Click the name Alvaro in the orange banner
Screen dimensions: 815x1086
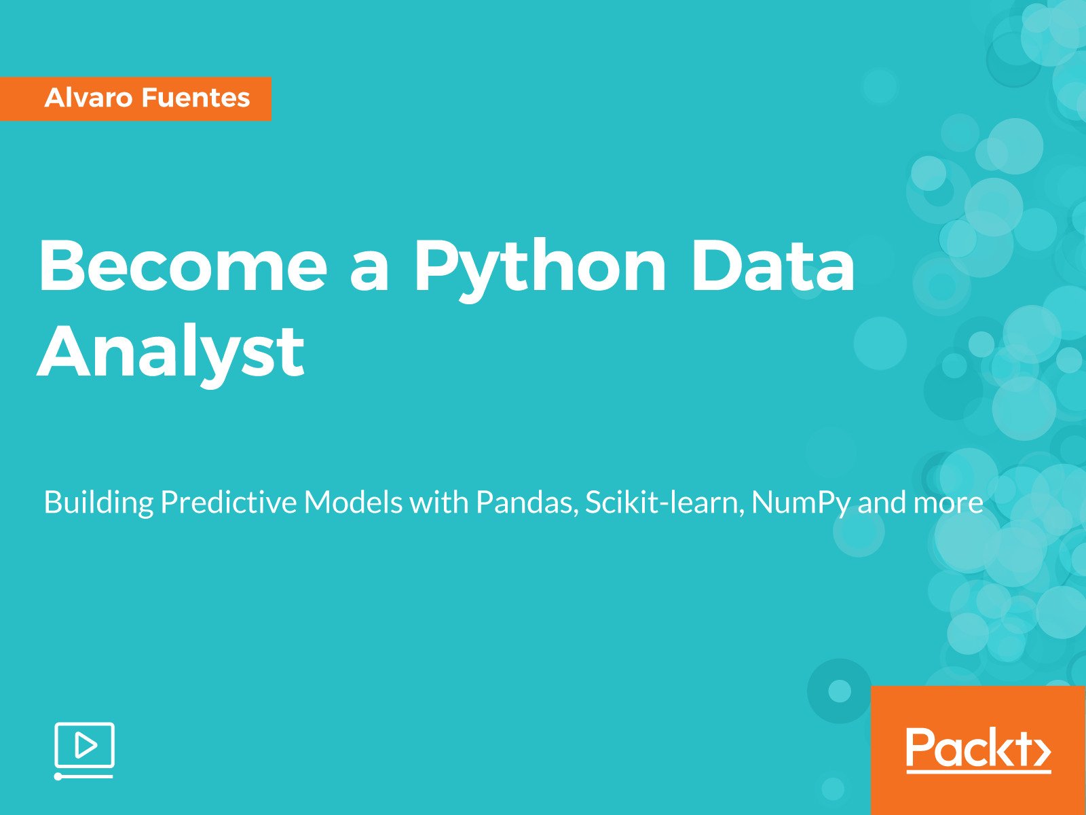[88, 98]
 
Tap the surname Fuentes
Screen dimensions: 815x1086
[196, 98]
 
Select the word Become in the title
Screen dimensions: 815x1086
[183, 266]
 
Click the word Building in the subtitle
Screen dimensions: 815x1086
[98, 503]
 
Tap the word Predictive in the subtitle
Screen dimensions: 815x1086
[228, 503]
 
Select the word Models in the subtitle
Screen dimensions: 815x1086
[353, 503]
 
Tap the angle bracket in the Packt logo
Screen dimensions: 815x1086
[1043, 750]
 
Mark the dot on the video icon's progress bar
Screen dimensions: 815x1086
[58, 776]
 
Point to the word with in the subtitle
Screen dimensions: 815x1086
[438, 503]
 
